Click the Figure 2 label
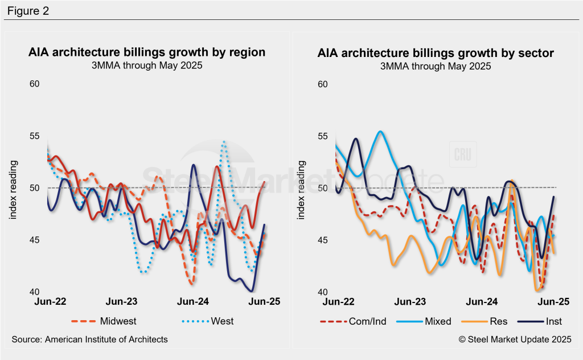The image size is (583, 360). tap(28, 11)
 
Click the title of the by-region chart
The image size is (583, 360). tap(147, 52)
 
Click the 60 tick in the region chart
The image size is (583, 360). tap(35, 84)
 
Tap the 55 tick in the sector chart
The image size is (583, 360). tap(323, 136)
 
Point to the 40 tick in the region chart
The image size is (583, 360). tap(35, 292)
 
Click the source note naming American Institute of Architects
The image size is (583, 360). tap(90, 339)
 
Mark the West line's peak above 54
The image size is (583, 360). tap(224, 141)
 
